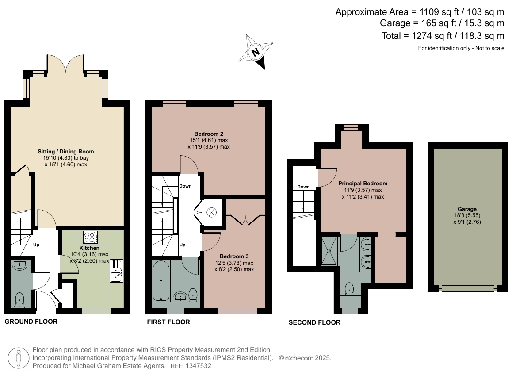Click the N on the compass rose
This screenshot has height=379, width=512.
click(256, 52)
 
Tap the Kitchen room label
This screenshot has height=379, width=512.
click(89, 248)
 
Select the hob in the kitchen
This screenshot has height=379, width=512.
click(90, 237)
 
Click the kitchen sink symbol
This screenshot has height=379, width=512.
click(117, 271)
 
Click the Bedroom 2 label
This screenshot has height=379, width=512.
click(209, 134)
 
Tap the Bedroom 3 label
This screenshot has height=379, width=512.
click(234, 256)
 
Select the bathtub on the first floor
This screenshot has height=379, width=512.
click(161, 281)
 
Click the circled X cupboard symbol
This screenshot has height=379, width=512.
click(212, 213)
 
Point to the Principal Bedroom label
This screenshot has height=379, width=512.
click(363, 184)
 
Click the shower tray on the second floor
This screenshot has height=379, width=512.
click(330, 251)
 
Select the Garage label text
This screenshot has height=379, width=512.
click(467, 209)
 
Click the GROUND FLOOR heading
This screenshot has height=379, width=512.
click(31, 322)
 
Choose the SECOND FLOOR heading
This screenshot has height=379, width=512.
click(314, 322)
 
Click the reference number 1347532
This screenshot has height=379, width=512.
click(198, 366)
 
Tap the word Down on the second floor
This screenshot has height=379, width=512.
click(303, 187)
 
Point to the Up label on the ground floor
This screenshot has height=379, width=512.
click(36, 245)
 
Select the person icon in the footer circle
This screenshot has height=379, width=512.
click(19, 358)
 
